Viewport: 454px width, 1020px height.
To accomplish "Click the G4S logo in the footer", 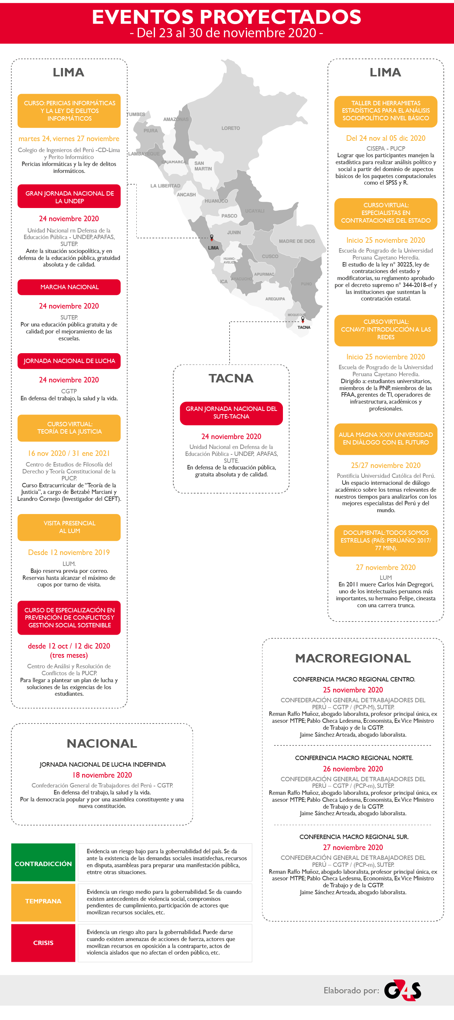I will [402, 990].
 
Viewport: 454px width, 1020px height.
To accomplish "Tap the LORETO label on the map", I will [230, 128].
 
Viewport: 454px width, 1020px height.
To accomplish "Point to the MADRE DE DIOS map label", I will [296, 241].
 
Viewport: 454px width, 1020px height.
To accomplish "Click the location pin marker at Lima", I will [212, 238].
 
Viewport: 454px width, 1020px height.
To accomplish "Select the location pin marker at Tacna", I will [303, 319].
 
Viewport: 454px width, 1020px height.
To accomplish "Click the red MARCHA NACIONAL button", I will [69, 287].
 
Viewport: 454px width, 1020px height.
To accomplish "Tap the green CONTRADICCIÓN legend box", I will [43, 864].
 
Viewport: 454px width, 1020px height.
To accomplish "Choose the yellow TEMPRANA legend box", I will [43, 901].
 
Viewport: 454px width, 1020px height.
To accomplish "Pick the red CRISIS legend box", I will [43, 943].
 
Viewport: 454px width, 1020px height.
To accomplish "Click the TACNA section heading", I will [231, 378].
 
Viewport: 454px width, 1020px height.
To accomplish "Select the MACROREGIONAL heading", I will [353, 658].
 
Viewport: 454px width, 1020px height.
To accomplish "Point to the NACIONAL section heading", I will [102, 744].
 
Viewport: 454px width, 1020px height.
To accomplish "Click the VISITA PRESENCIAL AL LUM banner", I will [69, 527].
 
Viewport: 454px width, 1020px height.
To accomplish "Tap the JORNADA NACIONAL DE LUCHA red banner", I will [69, 361].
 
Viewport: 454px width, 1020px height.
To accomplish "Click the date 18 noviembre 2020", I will [102, 775].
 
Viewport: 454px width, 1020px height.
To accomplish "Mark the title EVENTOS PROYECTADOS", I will [226, 17].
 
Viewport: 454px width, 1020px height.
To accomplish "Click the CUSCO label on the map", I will [270, 257].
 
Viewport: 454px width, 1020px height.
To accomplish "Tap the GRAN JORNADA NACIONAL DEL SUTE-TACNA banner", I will [231, 413].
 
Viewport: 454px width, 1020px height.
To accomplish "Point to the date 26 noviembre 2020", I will [353, 769].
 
